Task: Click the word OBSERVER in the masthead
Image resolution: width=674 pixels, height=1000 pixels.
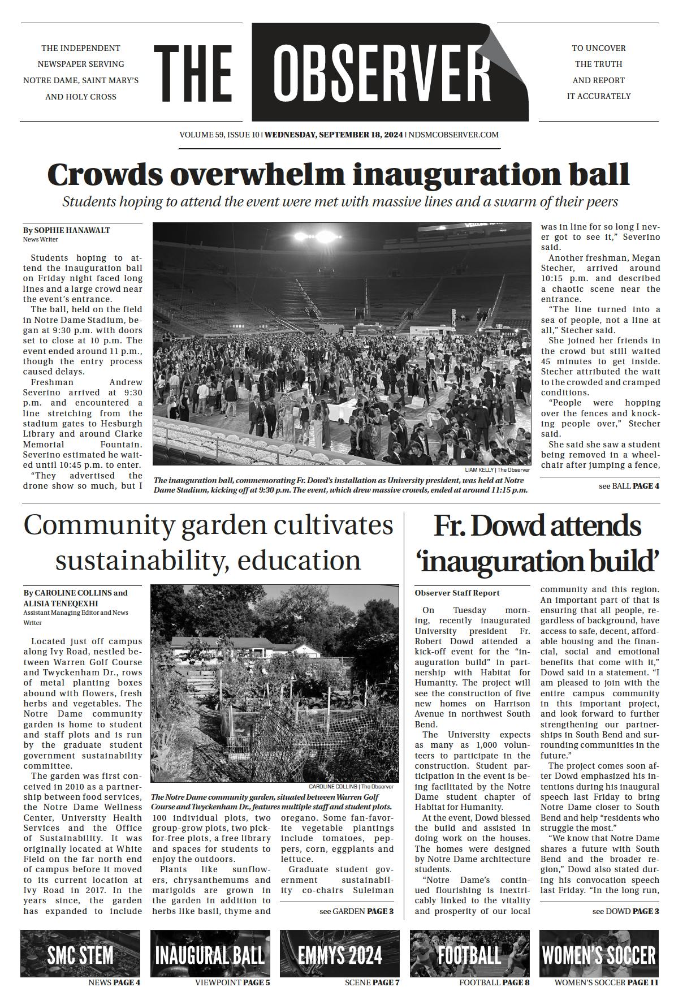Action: point(382,72)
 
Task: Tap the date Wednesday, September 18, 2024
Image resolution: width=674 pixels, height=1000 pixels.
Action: point(334,135)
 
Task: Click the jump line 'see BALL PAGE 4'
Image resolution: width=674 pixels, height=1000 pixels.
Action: point(628,486)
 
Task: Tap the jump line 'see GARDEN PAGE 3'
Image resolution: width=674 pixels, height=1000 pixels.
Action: point(356,911)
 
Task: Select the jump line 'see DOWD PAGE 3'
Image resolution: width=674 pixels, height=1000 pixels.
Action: point(625,911)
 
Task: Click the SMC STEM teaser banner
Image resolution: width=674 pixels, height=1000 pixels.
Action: point(80,955)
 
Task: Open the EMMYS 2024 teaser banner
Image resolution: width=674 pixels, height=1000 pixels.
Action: point(339,955)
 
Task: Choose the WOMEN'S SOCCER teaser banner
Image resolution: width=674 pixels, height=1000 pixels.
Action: point(598,955)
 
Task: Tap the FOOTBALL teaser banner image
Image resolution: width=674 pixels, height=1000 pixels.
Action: point(469,955)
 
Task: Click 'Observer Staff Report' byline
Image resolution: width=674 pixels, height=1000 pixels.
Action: point(457,593)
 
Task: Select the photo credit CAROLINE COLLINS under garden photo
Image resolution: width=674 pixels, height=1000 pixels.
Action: point(332,786)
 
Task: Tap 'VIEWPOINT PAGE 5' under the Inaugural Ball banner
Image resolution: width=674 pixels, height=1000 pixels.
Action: point(232,982)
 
